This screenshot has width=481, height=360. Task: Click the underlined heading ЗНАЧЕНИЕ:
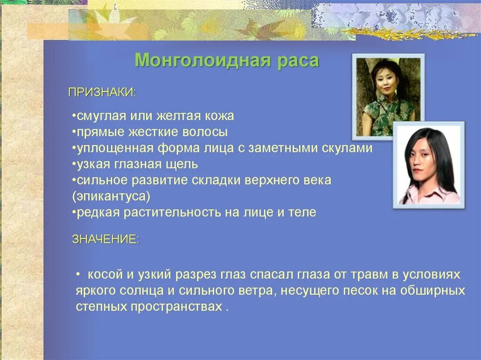(x=106, y=239)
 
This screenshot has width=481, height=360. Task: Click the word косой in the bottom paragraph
(x=101, y=274)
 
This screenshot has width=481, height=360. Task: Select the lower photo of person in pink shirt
(x=428, y=165)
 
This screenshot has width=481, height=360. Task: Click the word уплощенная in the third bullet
(x=115, y=148)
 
